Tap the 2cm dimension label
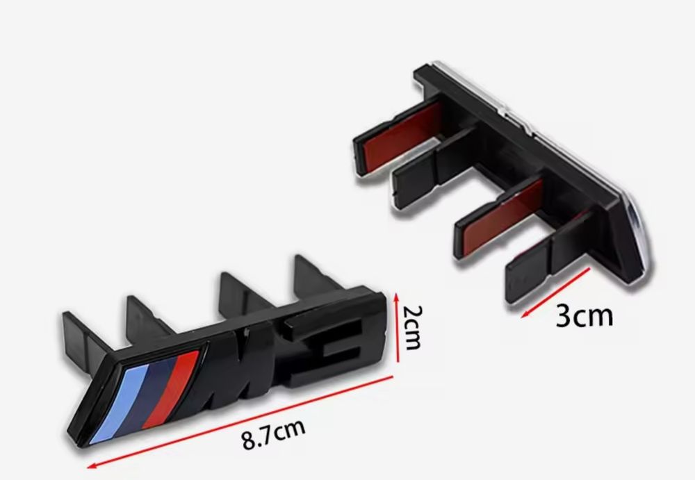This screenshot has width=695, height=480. (x=412, y=328)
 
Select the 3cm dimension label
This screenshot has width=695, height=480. (x=584, y=315)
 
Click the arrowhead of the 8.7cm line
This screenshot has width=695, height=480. (x=92, y=465)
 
